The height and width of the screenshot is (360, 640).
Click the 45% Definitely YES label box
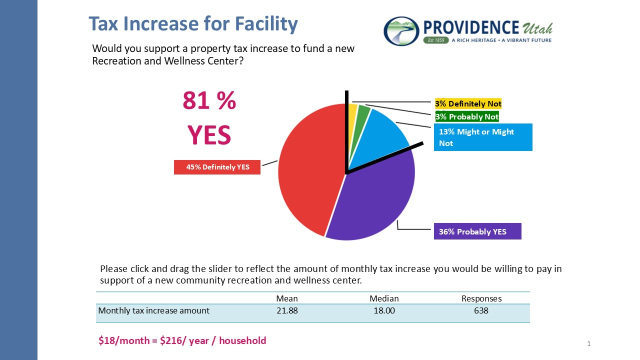[217, 167]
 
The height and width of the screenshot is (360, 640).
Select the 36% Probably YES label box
[477, 231]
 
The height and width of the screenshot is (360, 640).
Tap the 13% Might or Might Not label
[482, 137]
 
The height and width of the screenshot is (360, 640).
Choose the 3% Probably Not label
[467, 116]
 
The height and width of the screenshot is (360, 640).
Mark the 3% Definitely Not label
[468, 103]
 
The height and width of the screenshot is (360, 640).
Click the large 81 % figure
[209, 101]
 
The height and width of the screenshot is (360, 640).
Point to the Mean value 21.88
[286, 310]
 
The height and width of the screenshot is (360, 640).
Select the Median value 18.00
[384, 310]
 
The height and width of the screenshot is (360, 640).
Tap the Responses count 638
[481, 310]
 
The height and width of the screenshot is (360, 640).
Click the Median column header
[384, 298]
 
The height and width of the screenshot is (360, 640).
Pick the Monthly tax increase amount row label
[153, 310]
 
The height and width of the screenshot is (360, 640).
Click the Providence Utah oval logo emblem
[401, 31]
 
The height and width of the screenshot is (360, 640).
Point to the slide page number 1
[589, 343]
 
